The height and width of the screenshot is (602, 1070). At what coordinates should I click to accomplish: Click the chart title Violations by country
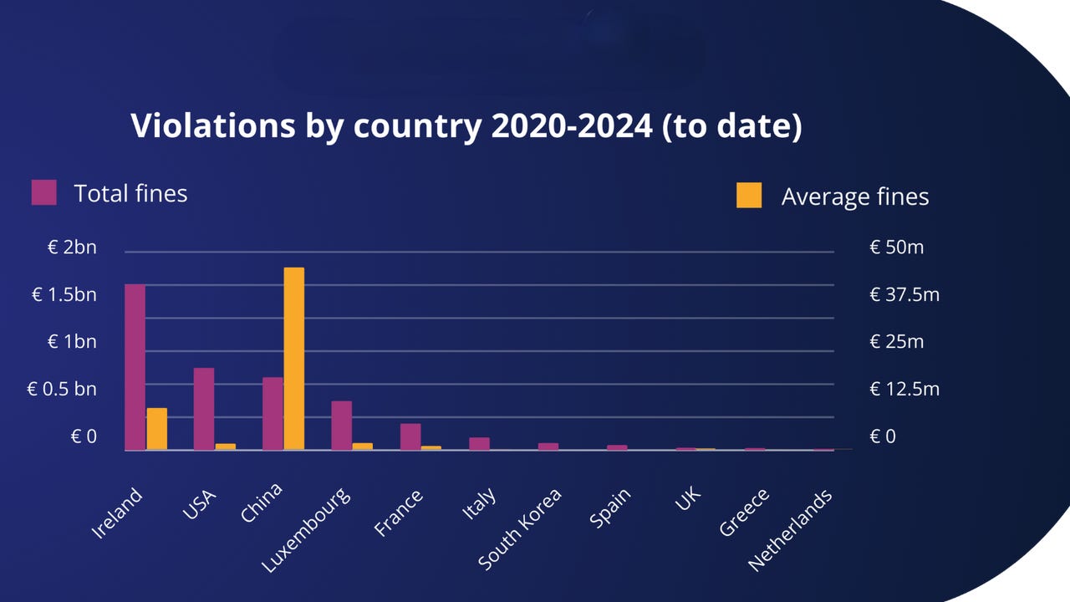466,126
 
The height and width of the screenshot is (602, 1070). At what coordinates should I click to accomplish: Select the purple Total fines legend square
43,192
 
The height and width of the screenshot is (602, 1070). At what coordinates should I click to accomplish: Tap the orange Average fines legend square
749,196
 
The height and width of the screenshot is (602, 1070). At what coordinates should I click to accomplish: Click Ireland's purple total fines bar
135,367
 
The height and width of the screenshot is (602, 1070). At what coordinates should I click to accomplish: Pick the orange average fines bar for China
293,359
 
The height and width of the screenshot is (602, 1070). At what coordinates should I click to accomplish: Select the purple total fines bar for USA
204,409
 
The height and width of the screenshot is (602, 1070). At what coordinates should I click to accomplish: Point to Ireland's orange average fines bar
156,429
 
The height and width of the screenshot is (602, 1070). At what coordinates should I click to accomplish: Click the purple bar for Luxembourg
341,426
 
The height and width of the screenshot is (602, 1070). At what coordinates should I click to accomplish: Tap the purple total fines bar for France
410,436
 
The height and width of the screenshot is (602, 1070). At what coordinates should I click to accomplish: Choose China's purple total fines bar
273,414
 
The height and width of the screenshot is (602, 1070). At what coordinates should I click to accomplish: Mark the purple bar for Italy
479,444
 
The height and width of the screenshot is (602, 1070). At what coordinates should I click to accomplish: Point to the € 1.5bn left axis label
64,295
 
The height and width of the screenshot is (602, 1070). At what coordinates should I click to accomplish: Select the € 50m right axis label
897,247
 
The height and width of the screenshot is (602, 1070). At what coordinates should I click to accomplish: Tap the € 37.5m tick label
904,295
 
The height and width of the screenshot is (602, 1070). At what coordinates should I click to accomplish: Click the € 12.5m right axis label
904,390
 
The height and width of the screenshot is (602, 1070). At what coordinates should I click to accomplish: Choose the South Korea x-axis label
520,529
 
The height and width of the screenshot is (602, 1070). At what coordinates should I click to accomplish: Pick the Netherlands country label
790,531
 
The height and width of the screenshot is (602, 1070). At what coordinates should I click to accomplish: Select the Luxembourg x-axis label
306,532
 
